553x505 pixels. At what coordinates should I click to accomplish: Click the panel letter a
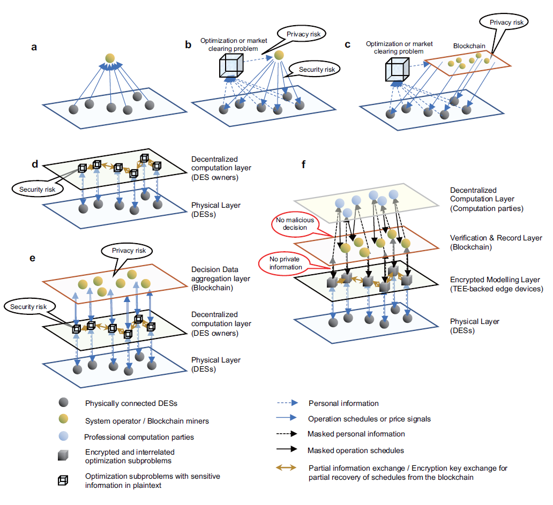point(34,47)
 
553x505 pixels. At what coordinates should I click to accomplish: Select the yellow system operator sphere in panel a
point(110,57)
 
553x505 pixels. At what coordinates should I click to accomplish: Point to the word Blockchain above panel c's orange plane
point(466,47)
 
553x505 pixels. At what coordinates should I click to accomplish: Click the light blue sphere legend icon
point(64,436)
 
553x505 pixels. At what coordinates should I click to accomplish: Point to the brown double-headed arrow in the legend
point(285,468)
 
